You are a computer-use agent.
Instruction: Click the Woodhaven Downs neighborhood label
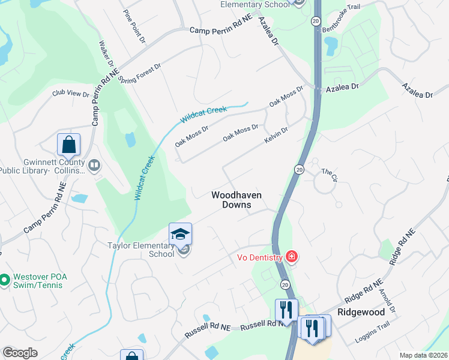pyautogui.click(x=231, y=200)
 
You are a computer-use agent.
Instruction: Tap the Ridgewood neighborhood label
pyautogui.click(x=361, y=313)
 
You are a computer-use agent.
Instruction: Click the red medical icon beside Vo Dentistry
pyautogui.click(x=292, y=257)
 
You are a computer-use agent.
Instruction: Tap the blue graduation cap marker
pyautogui.click(x=180, y=235)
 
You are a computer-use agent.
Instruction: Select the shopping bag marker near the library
pyautogui.click(x=69, y=145)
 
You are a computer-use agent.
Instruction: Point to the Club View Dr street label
pyautogui.click(x=70, y=94)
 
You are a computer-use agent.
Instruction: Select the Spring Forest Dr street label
pyautogui.click(x=140, y=73)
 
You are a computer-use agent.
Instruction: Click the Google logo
pyautogui.click(x=20, y=353)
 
